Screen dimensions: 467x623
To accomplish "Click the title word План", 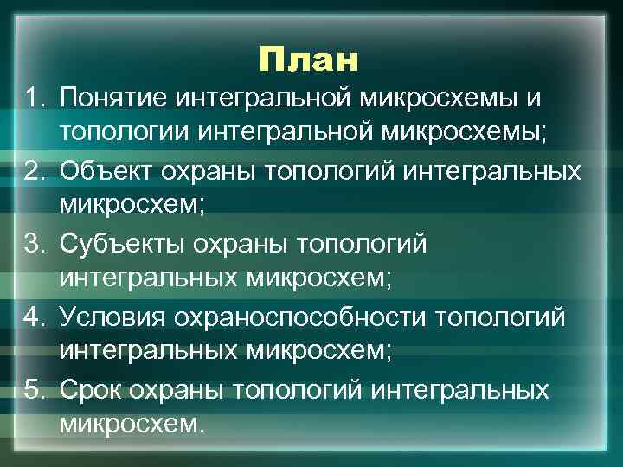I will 307,60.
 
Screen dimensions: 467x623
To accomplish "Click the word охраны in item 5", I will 181,390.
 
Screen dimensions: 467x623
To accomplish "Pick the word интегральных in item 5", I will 462,390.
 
